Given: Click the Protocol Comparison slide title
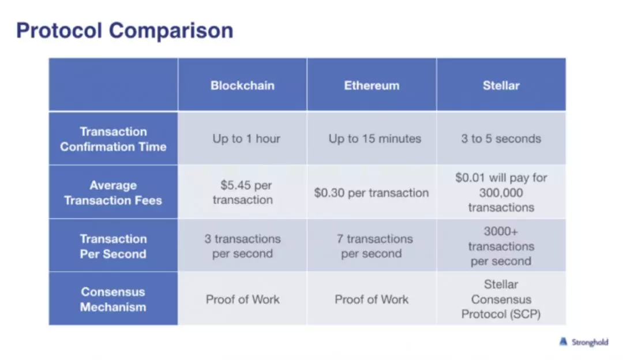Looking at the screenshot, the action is tap(125, 31).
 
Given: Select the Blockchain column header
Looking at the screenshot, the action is tap(242, 85).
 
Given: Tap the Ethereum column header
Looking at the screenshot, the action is tap(371, 85).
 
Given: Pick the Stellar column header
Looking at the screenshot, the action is tap(501, 85).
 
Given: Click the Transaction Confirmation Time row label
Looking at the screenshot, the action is tap(113, 139).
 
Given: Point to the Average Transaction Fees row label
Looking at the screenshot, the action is tap(113, 193).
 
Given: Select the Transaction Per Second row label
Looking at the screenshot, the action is tap(113, 246).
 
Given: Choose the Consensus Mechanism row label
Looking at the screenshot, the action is tap(113, 299).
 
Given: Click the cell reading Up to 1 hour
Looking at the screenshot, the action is tap(246, 138).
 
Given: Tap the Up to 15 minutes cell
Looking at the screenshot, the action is tap(375, 138).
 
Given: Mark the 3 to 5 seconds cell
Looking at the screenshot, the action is tap(501, 138).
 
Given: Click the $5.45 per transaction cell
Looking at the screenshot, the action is tap(243, 192).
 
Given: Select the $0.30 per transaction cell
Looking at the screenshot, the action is tap(371, 193).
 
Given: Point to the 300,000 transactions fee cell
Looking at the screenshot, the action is tap(501, 192).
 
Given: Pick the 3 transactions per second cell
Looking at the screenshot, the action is tap(242, 246).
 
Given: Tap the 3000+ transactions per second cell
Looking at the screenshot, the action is tap(501, 246).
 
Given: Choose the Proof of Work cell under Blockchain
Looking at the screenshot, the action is tap(242, 299).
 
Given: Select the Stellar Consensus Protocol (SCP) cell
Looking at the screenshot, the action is tap(501, 299).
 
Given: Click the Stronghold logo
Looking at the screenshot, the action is tap(584, 342).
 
